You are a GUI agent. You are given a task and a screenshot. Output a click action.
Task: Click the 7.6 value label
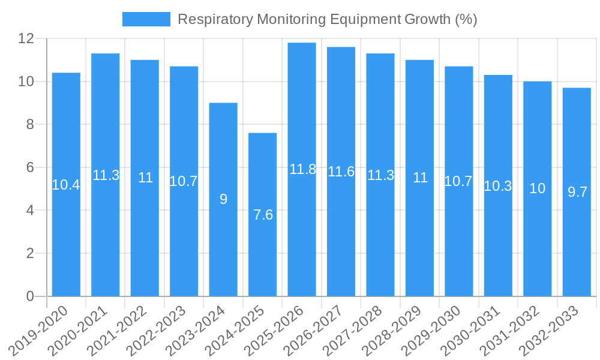tap(263, 215)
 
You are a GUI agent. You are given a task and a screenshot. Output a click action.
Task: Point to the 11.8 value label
tap(302, 169)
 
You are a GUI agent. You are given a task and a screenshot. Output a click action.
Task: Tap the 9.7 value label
tap(577, 192)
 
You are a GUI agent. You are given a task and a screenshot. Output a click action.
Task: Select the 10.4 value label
tap(66, 185)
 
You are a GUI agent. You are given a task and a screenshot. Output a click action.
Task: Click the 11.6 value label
tap(341, 172)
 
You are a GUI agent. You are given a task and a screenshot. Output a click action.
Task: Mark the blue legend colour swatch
tap(146, 19)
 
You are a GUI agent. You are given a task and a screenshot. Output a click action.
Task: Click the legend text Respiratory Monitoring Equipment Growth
tap(328, 19)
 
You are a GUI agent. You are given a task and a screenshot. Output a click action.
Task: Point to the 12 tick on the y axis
tap(26, 39)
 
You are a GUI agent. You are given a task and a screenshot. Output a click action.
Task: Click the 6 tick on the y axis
tap(30, 167)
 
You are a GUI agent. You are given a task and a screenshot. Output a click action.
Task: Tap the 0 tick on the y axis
tap(30, 296)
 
